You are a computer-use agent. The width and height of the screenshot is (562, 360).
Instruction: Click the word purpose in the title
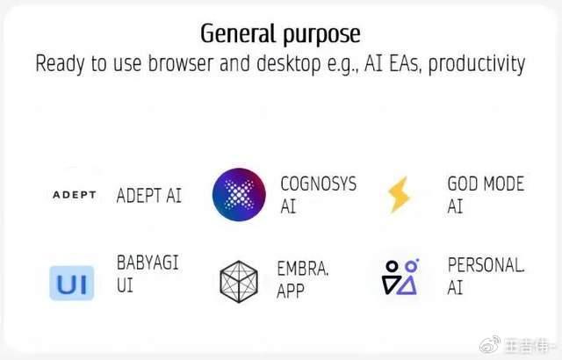click(321, 36)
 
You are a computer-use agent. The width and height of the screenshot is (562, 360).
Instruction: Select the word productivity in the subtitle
click(477, 64)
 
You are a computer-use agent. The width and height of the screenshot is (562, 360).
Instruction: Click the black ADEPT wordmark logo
click(75, 195)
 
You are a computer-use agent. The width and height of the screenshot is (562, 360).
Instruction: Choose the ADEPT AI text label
click(149, 196)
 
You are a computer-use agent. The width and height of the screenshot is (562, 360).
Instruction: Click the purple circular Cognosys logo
click(239, 195)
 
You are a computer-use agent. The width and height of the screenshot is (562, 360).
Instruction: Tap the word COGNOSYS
click(319, 184)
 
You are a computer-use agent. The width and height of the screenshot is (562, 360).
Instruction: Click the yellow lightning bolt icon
click(399, 195)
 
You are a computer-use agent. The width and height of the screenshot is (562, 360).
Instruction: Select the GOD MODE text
click(486, 184)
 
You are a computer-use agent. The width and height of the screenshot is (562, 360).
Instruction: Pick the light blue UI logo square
click(72, 283)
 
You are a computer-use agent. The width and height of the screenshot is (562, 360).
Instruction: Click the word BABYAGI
click(148, 263)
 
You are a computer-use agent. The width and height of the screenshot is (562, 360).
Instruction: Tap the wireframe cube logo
click(239, 282)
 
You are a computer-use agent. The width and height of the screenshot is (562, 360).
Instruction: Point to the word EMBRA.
click(303, 269)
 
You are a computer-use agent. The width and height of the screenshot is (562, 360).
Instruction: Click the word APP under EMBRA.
click(291, 291)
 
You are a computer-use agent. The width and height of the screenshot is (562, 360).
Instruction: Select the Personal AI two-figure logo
click(400, 277)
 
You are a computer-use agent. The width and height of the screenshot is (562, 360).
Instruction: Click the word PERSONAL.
click(486, 265)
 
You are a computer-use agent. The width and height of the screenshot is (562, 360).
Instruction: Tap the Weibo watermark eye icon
click(490, 344)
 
